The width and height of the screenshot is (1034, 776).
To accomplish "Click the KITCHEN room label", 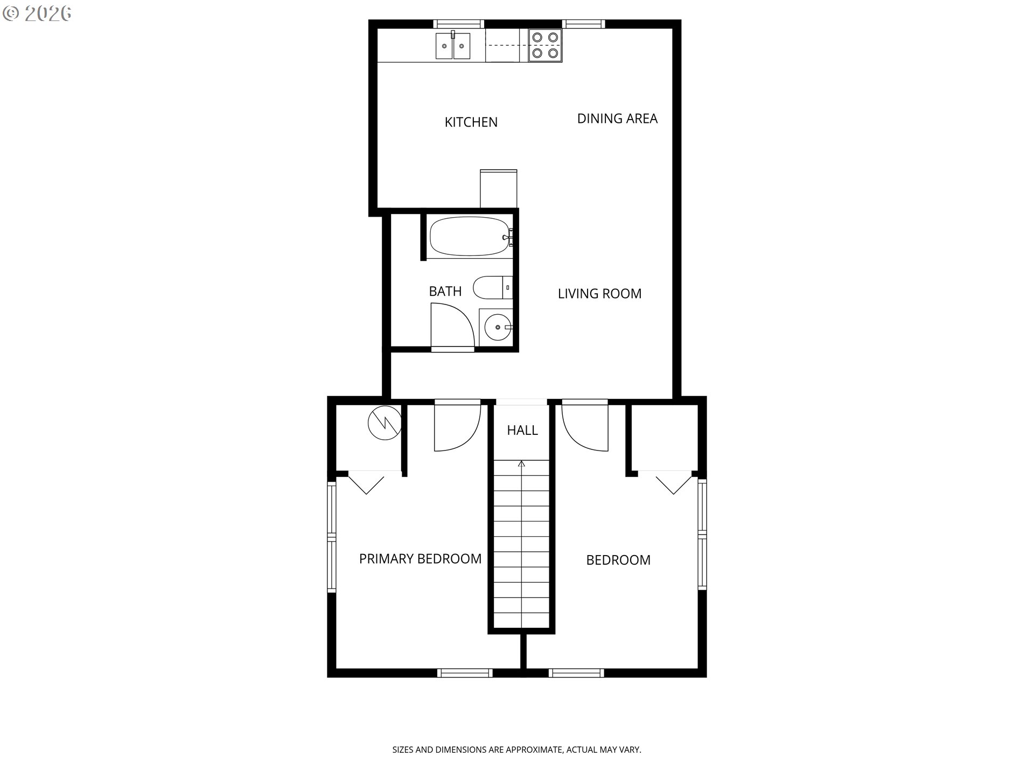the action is tap(471, 122).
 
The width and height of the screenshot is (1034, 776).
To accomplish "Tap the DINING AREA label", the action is tap(617, 119).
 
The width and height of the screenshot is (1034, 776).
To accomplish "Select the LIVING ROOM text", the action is tap(599, 294).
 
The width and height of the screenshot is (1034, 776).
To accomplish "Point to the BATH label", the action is tap(445, 292).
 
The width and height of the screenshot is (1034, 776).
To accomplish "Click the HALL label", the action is tap(522, 430).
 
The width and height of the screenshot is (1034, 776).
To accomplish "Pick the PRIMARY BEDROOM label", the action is tap(420, 559).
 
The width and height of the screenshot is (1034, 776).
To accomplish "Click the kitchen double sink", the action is tap(453, 46).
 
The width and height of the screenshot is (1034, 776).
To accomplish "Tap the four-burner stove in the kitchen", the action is tap(545, 45).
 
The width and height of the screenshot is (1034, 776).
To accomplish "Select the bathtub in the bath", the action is tap(470, 236).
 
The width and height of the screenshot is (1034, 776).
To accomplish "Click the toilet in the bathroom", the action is tap(493, 288).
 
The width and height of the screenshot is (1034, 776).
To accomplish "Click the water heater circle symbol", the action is tap(385, 422).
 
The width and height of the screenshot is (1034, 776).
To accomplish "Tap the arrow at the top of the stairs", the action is tap(521, 464).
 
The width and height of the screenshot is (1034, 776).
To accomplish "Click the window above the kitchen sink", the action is tap(459, 24).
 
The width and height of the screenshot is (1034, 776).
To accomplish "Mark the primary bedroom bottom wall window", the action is tap(465, 673).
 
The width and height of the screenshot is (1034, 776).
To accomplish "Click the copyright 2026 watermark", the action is tap(37, 13).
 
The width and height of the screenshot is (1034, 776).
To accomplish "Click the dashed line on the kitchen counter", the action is tap(507, 46).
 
